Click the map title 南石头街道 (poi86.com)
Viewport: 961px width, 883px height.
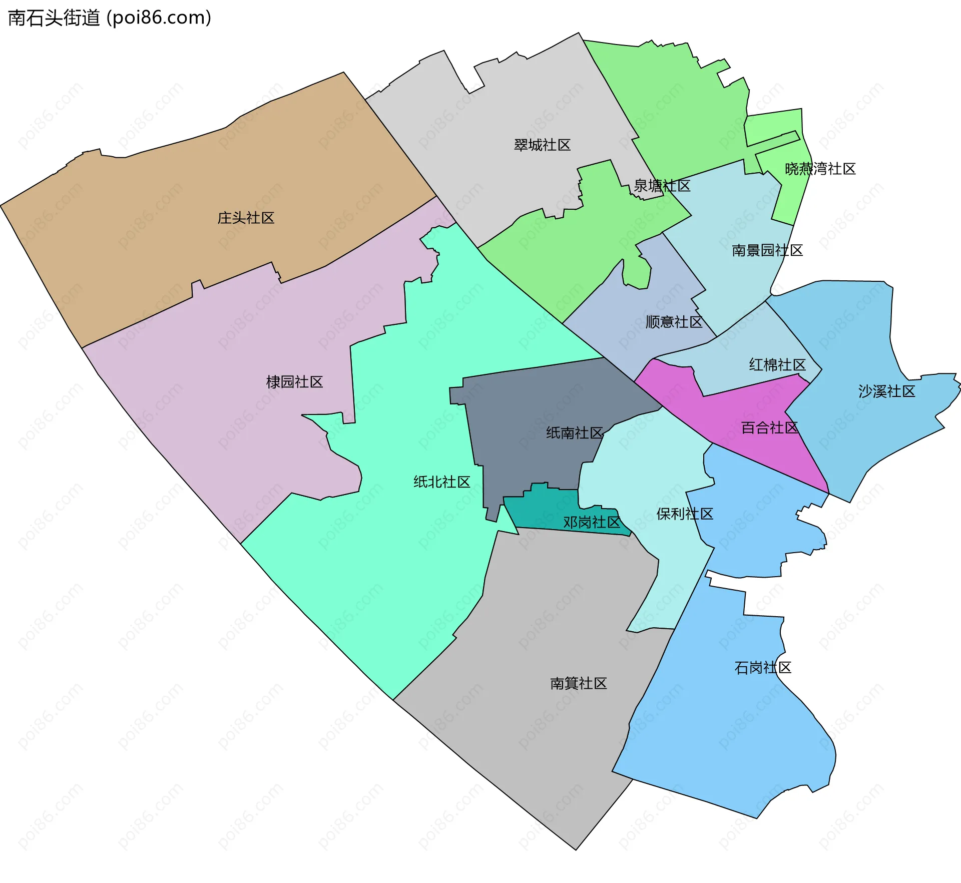[x=110, y=18]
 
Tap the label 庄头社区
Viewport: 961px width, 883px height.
[x=246, y=218]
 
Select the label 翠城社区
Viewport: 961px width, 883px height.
[x=542, y=145]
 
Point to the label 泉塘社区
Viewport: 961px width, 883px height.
[x=662, y=186]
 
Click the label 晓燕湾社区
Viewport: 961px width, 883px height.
[x=820, y=169]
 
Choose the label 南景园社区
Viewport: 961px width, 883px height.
[x=767, y=250]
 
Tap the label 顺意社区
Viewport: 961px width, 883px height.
[x=674, y=322]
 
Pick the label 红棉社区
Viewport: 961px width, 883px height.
[x=777, y=365]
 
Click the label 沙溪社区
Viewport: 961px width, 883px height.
[x=886, y=391]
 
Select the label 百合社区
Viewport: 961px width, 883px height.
[x=769, y=428]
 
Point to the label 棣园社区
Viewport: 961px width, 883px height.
[x=294, y=382]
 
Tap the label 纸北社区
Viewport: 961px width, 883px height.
[x=441, y=482]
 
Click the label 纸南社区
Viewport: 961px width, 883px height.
[x=574, y=433]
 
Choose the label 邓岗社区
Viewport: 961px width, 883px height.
[x=592, y=523]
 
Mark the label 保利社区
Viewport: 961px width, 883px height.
[x=684, y=514]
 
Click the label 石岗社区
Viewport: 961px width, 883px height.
[x=762, y=668]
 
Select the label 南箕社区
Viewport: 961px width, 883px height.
[x=578, y=684]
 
